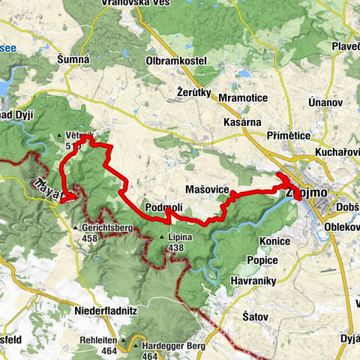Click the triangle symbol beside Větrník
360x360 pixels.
coord(59,136)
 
